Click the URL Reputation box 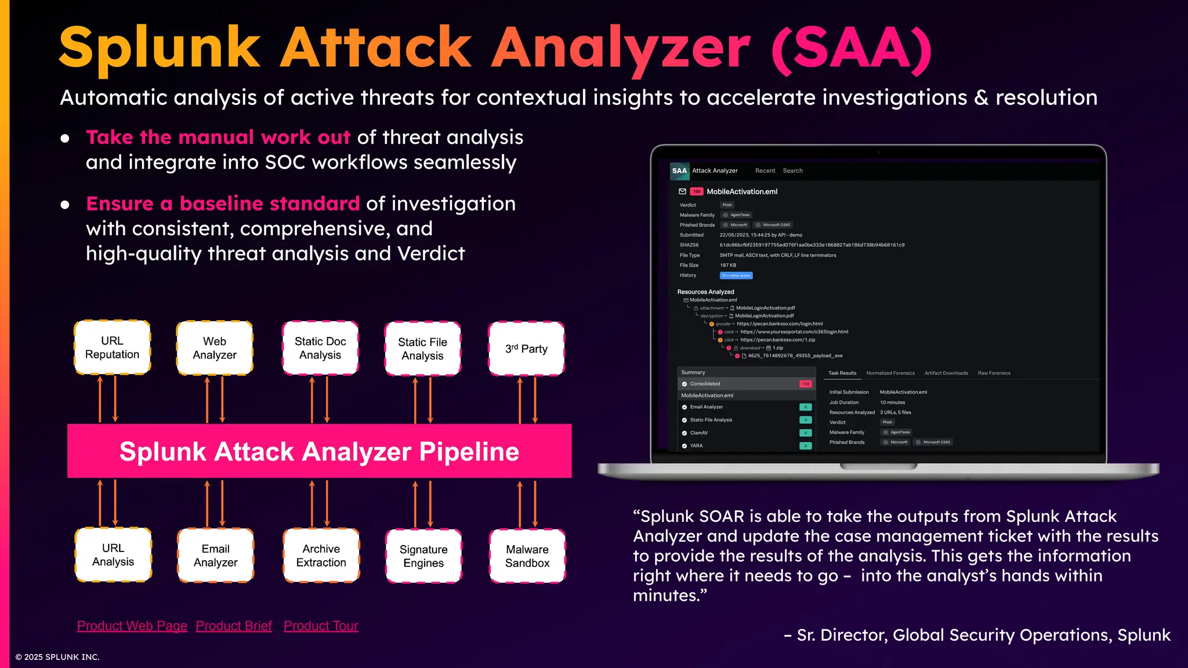(x=112, y=347)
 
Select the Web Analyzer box (x=215, y=348)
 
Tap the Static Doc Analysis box (x=320, y=348)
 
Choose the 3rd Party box (x=526, y=348)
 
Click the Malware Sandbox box (x=527, y=556)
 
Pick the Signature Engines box (x=423, y=556)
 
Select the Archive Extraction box (x=321, y=555)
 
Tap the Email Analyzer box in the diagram (x=215, y=555)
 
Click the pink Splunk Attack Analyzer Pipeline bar (x=319, y=451)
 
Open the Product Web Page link (x=132, y=626)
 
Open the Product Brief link (x=234, y=626)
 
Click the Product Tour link (x=321, y=626)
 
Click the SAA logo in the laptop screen (x=679, y=171)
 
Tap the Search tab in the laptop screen (x=792, y=171)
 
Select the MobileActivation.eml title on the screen (x=742, y=191)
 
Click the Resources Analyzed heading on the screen (x=705, y=292)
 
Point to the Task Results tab (x=842, y=373)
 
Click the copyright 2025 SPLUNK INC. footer (x=57, y=657)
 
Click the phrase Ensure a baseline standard (x=223, y=204)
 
